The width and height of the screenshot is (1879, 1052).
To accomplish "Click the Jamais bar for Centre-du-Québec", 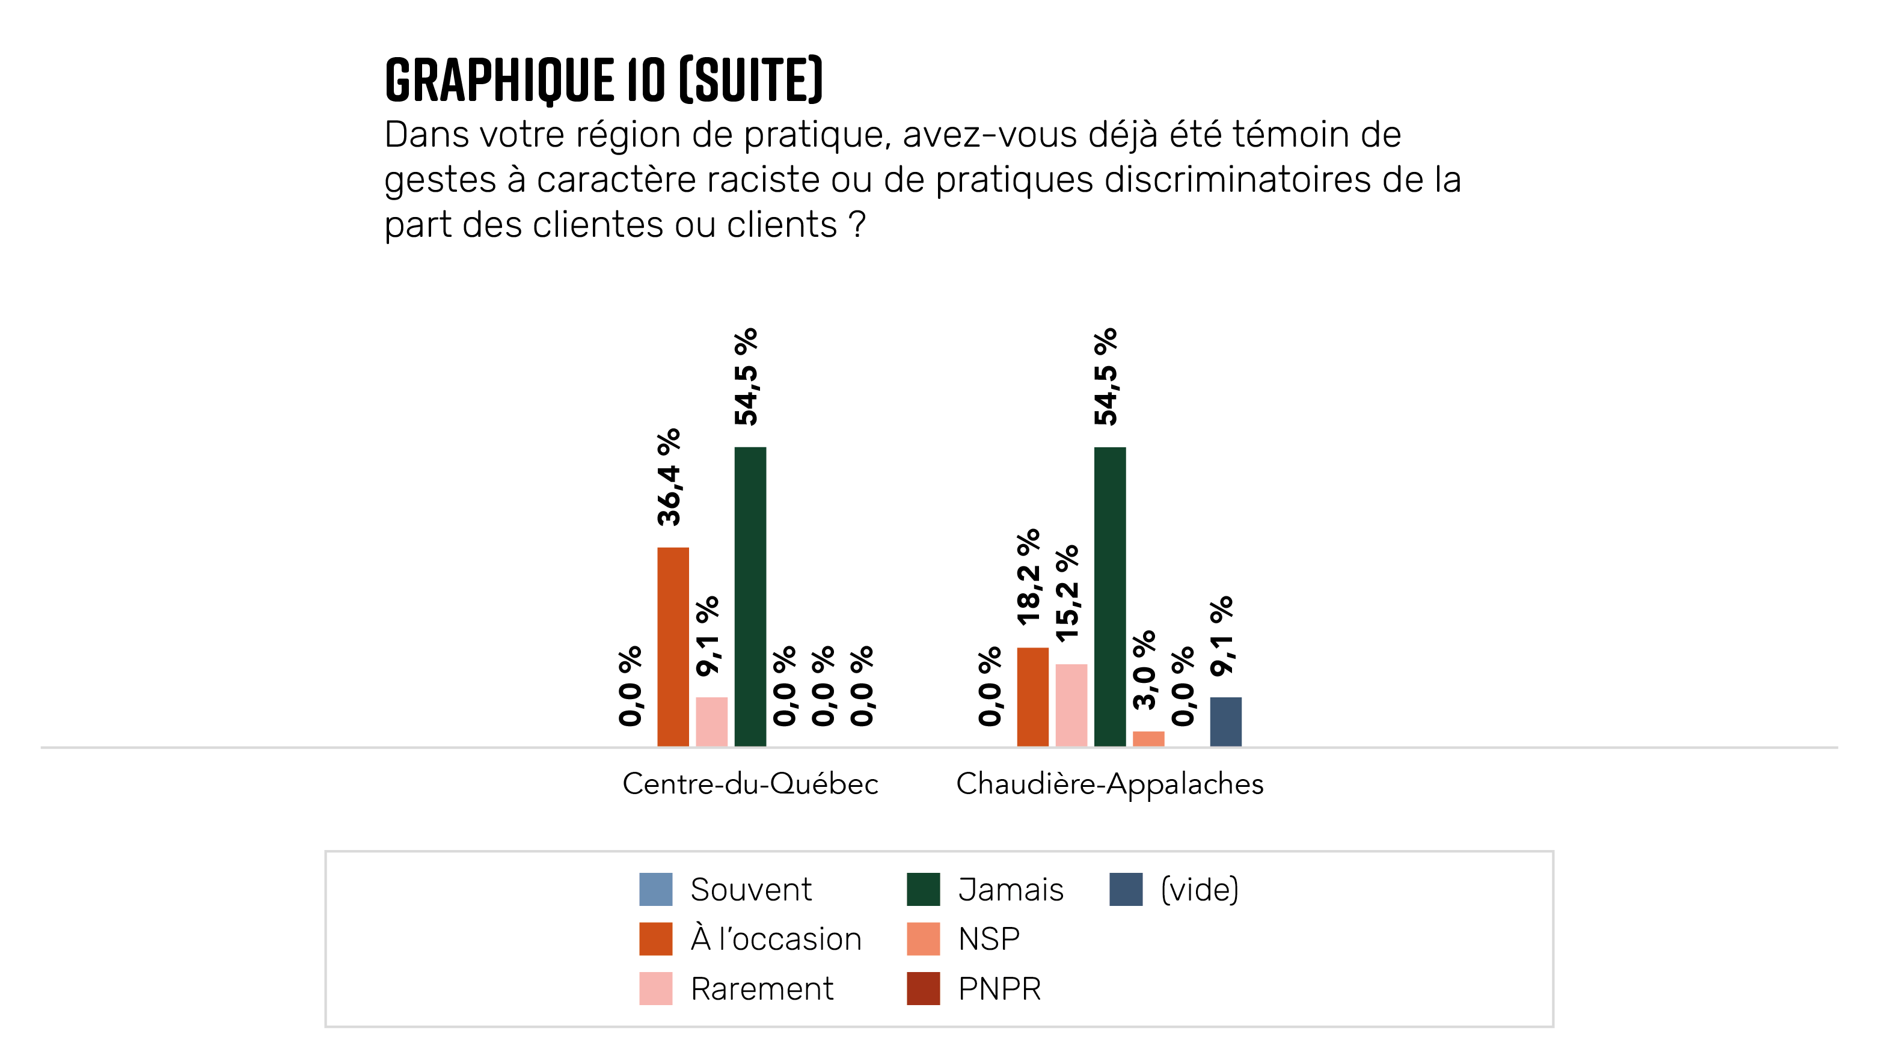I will tap(750, 596).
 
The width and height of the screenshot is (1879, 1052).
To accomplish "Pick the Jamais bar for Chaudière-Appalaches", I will tap(1109, 596).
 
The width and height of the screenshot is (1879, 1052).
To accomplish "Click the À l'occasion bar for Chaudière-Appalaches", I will tap(1032, 696).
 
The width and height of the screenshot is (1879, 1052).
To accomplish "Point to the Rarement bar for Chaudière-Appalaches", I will tap(1071, 705).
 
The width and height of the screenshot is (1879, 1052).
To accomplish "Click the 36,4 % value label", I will tap(669, 477).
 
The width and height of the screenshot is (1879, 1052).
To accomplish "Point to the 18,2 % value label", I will tap(1029, 577).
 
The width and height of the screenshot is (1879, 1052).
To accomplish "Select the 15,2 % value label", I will tap(1067, 593).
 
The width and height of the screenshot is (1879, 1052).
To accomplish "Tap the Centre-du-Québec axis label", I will tap(750, 784).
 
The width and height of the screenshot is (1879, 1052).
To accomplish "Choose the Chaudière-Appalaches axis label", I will tap(1109, 784).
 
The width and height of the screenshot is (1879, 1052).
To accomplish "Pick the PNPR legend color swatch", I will tap(923, 988).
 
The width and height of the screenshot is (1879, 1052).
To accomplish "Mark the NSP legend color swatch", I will tap(923, 938).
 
